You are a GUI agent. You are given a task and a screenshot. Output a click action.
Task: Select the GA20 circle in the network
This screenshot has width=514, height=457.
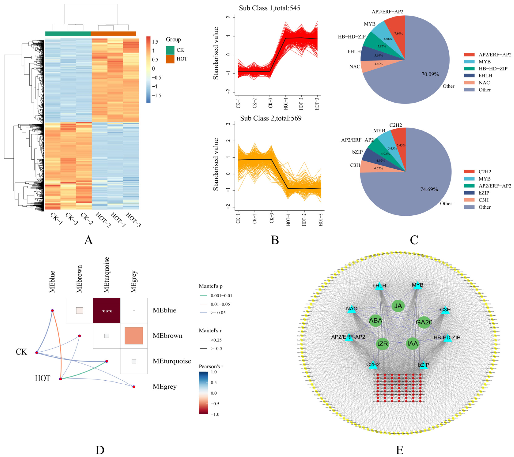(x=424, y=322)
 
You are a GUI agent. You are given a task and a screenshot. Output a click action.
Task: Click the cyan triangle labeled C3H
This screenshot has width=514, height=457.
(x=445, y=311)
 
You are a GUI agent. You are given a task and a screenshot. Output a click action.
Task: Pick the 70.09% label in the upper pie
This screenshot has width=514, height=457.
(x=430, y=74)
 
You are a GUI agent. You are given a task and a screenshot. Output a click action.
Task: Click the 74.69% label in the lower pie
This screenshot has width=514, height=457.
(x=429, y=189)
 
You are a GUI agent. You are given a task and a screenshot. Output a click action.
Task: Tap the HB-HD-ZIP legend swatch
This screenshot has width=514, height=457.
(x=469, y=69)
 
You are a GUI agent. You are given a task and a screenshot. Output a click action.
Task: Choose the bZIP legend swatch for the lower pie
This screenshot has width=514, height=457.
(x=469, y=193)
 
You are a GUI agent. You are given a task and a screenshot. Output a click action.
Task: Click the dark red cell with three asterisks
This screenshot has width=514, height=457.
(x=107, y=311)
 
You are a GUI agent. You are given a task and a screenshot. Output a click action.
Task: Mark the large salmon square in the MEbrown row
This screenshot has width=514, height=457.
(x=134, y=336)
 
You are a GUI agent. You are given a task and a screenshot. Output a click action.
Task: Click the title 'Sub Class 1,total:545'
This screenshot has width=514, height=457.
(x=270, y=8)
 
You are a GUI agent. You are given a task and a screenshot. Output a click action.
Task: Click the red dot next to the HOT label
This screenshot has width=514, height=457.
(x=61, y=379)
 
